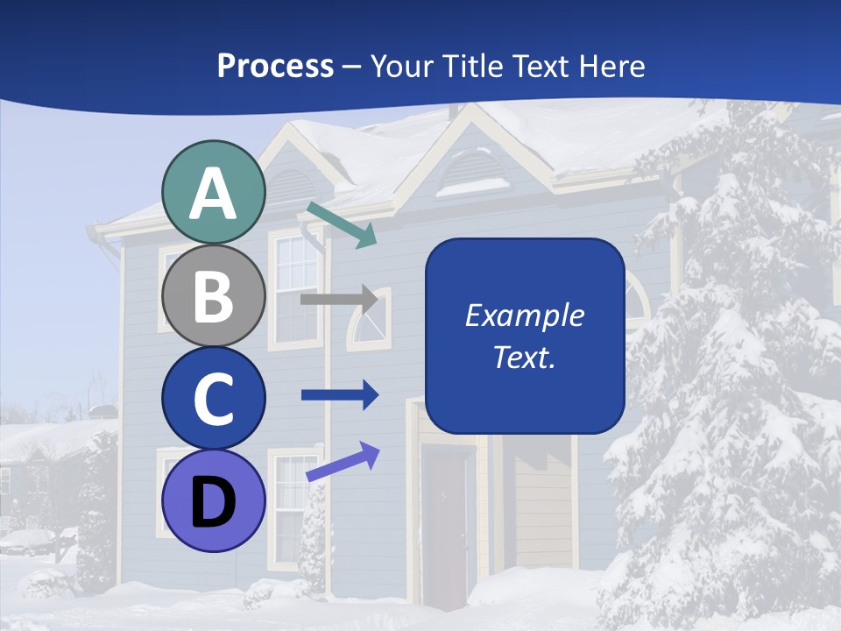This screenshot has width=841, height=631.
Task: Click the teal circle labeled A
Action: pyautogui.click(x=213, y=193)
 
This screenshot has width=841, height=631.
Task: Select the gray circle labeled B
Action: pyautogui.click(x=213, y=295)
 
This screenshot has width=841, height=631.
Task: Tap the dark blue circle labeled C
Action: pyautogui.click(x=213, y=398)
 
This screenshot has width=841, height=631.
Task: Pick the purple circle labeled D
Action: pyautogui.click(x=213, y=500)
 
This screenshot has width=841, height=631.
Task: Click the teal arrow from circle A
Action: pyautogui.click(x=342, y=224)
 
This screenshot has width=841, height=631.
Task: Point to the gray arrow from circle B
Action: pyautogui.click(x=339, y=299)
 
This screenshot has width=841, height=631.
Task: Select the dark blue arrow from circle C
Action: pyautogui.click(x=339, y=395)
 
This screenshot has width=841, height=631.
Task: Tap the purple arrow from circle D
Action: pyautogui.click(x=343, y=461)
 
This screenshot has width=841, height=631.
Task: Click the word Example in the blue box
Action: pyautogui.click(x=524, y=315)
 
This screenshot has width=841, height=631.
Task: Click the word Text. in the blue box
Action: pyautogui.click(x=524, y=357)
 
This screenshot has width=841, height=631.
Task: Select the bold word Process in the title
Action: pyautogui.click(x=275, y=66)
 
